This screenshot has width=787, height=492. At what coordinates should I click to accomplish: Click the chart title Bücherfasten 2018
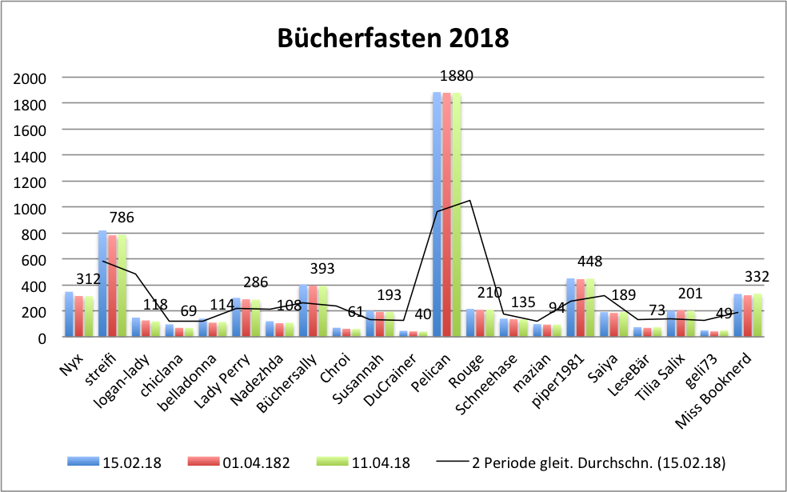393,38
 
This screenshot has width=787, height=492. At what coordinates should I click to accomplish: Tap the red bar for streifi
112,286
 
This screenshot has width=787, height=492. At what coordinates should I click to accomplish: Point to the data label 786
122,217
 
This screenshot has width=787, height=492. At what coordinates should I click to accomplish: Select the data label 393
322,269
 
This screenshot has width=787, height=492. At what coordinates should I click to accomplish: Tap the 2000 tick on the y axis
30,78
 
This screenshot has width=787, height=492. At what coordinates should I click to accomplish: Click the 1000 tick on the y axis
30,208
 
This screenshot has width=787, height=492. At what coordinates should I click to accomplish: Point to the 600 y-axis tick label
33,260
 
